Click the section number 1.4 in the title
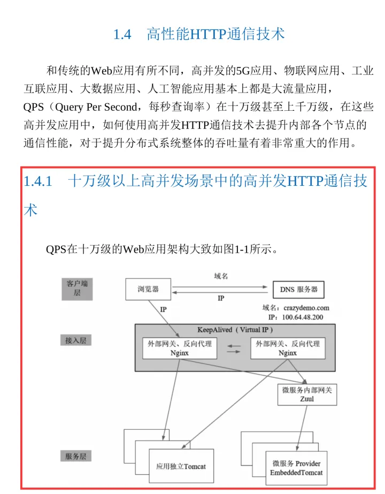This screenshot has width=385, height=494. coord(122,35)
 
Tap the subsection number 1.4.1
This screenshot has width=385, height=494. coord(38,182)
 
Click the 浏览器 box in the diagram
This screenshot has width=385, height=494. coord(148,290)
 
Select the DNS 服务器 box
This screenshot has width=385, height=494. coord(299,290)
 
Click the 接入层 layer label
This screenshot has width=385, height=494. coord(75,340)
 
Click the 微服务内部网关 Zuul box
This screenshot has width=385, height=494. coord(307,394)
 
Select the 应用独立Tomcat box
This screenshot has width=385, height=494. coord(181,466)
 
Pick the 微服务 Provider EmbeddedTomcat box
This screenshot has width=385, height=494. coord(296,468)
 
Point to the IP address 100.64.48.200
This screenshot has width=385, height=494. coord(303,317)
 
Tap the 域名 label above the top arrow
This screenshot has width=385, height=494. coord(221,276)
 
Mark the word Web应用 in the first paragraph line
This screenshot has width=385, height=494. coord(110,71)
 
